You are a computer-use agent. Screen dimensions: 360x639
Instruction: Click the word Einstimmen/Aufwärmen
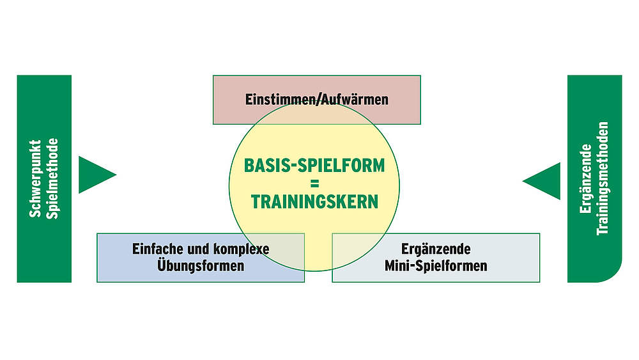pyautogui.click(x=317, y=100)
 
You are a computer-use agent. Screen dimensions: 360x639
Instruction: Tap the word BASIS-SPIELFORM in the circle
pyautogui.click(x=314, y=165)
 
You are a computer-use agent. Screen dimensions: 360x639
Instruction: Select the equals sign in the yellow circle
pyautogui.click(x=314, y=183)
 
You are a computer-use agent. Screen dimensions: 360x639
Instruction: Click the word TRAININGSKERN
pyautogui.click(x=314, y=201)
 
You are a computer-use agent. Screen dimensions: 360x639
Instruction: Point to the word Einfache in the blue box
pyautogui.click(x=155, y=249)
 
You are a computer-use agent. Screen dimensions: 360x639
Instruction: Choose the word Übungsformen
pyautogui.click(x=201, y=265)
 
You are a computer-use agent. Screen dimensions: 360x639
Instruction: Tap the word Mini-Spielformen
pyautogui.click(x=436, y=265)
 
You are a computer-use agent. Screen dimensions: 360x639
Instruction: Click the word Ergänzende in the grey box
pyautogui.click(x=436, y=249)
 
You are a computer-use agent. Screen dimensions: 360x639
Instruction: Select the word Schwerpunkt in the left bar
pyautogui.click(x=36, y=178)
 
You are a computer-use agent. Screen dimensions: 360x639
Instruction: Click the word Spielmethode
pyautogui.click(x=54, y=178)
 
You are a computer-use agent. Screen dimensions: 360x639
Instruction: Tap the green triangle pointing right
pyautogui.click(x=95, y=174)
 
